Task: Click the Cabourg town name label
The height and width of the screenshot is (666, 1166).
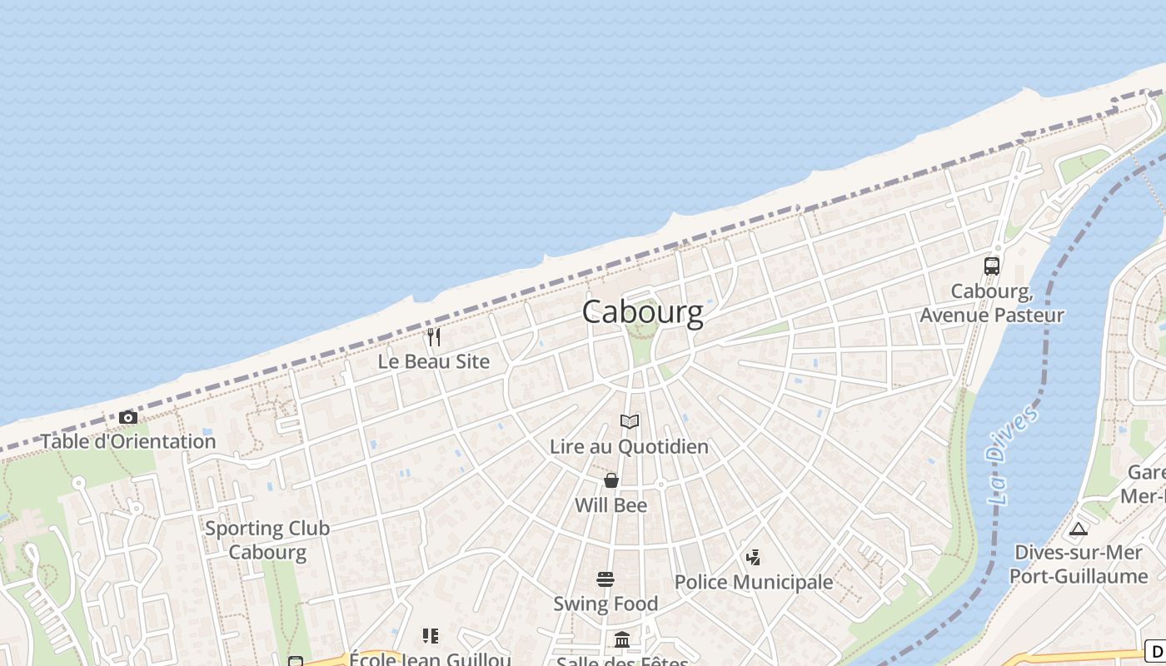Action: click(x=642, y=312)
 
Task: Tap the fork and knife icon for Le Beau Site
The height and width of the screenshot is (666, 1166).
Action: click(x=433, y=337)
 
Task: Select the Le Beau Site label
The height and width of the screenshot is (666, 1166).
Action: click(x=433, y=362)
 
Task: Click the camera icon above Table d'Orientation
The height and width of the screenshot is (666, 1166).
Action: click(x=127, y=417)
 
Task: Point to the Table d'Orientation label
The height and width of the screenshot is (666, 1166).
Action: click(x=128, y=441)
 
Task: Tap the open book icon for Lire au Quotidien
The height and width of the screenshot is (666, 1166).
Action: click(x=630, y=422)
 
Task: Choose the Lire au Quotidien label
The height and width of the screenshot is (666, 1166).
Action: click(x=629, y=447)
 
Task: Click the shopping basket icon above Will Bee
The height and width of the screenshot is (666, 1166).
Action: click(x=611, y=480)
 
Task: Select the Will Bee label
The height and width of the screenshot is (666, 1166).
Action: click(x=610, y=505)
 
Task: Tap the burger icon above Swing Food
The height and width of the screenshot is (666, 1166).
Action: click(x=605, y=579)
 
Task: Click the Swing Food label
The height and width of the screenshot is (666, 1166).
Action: click(x=605, y=604)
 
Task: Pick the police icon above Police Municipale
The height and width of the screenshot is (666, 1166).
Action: click(x=754, y=557)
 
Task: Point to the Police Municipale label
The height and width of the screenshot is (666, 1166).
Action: click(x=754, y=582)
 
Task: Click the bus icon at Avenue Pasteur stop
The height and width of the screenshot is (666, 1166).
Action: click(x=991, y=266)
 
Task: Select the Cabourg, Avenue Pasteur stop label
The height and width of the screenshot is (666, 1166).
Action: click(x=991, y=303)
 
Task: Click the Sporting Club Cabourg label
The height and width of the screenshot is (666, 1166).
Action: click(x=267, y=539)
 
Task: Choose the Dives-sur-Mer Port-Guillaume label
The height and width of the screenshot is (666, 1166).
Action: click(x=1079, y=564)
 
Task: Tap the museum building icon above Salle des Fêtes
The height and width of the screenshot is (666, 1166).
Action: click(x=622, y=639)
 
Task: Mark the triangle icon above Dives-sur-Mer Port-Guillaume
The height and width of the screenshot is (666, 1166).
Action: click(x=1079, y=529)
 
